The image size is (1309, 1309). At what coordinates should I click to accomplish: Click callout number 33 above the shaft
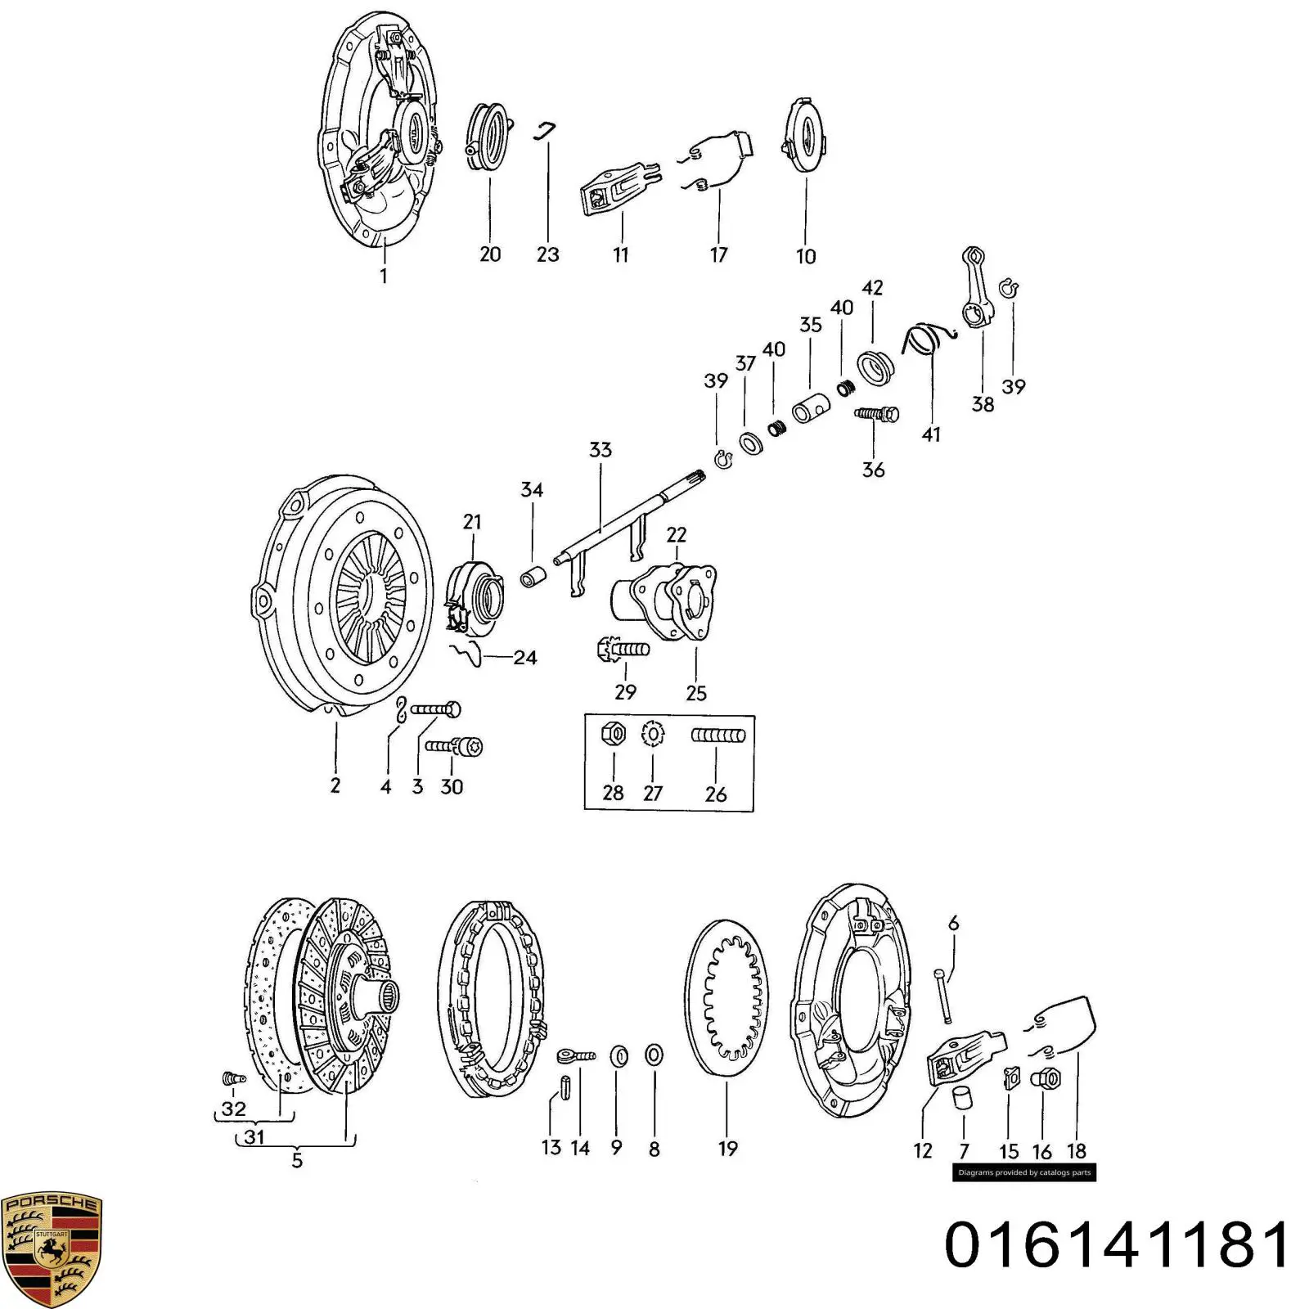pos(601,449)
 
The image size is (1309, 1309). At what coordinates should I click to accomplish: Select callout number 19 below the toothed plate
pos(727,1149)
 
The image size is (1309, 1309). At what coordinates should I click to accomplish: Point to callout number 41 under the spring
pos(931,434)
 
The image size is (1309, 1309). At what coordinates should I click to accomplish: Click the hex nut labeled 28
pos(614,733)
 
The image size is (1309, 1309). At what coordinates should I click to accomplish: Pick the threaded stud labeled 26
pos(717,735)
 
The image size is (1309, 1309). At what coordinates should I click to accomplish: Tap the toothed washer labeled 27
pos(653,734)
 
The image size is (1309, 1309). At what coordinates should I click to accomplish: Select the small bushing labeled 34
pos(533,575)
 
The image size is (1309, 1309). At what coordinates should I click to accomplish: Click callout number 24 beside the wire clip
pos(525,657)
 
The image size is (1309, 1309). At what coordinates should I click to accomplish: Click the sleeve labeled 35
pos(812,406)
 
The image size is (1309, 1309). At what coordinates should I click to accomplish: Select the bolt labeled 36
pos(876,415)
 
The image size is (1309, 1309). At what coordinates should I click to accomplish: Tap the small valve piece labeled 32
pos(232,1079)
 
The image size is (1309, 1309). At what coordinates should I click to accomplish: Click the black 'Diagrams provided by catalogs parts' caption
pos(1023,1172)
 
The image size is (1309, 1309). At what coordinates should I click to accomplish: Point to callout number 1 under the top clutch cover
pos(384,276)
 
